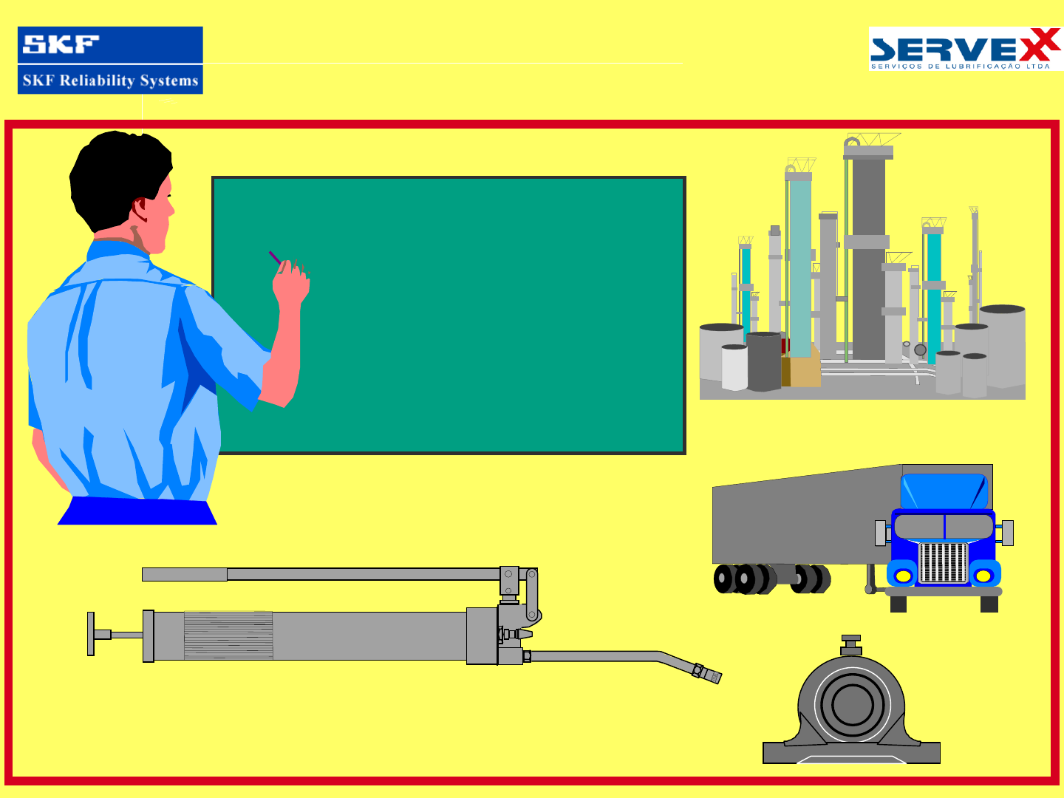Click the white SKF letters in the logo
(x=61, y=44)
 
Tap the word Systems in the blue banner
(x=169, y=81)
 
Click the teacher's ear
(x=140, y=209)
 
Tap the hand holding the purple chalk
(x=291, y=284)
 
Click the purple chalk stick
(x=275, y=257)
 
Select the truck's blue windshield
(x=944, y=491)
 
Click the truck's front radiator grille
(x=944, y=562)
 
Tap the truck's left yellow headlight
(x=903, y=576)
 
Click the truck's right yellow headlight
(x=983, y=576)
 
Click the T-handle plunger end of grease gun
(x=91, y=634)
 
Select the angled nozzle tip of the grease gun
(x=709, y=674)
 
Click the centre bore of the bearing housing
(x=852, y=706)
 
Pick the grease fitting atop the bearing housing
(x=851, y=646)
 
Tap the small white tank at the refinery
(x=734, y=367)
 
